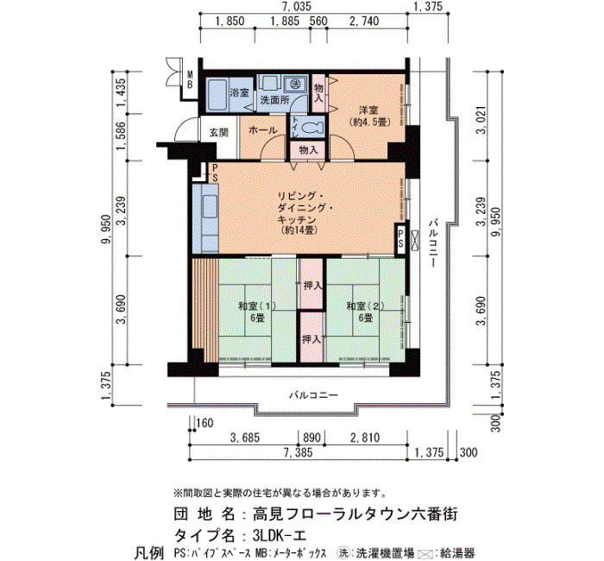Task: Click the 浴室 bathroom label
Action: (239, 92)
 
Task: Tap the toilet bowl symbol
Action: (311, 128)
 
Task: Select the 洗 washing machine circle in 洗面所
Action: (295, 84)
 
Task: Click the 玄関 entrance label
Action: (219, 133)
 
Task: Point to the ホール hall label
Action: (262, 130)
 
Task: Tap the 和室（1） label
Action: (257, 306)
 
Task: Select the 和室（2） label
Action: (366, 306)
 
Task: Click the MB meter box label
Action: (190, 79)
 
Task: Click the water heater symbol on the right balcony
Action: (415, 239)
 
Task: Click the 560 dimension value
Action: (318, 22)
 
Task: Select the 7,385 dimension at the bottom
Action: (299, 453)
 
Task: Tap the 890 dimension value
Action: (312, 438)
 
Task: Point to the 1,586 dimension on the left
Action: (122, 136)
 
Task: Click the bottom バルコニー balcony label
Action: (314, 395)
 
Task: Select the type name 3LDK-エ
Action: (280, 536)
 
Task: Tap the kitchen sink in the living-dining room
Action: (209, 207)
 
